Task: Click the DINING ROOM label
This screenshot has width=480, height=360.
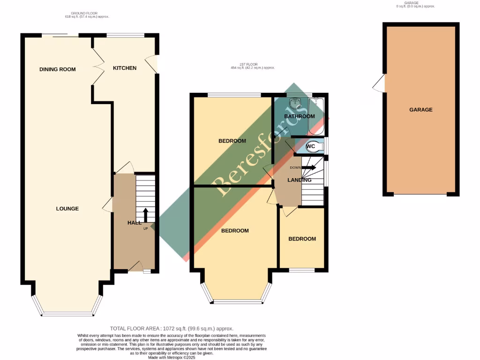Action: [58, 69]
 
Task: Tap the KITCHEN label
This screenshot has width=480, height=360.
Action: [125, 68]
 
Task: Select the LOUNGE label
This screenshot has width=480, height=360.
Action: [67, 209]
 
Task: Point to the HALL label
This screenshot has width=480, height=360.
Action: [135, 223]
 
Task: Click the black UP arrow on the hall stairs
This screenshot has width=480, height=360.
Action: [145, 215]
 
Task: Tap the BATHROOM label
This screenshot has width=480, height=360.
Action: [300, 116]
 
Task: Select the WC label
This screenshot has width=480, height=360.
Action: [310, 147]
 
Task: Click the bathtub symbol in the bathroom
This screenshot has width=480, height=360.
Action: [316, 115]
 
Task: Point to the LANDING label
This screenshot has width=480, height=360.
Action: [300, 180]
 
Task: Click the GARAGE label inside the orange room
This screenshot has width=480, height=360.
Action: [421, 110]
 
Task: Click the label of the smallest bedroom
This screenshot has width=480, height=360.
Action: [302, 239]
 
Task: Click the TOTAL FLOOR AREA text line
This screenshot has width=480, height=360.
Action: [171, 329]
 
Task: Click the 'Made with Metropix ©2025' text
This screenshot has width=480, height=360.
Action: [172, 357]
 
